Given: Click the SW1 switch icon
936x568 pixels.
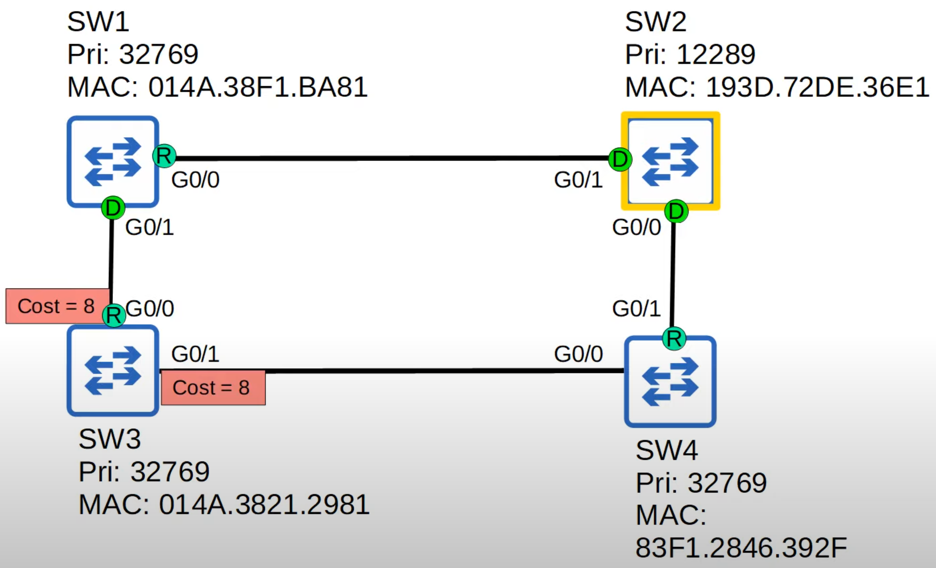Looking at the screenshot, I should coord(113,161).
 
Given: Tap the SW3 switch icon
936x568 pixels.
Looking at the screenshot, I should coord(113,371).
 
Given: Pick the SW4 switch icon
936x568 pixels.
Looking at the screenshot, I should coord(670,381).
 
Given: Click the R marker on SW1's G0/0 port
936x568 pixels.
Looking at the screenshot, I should coord(164,156).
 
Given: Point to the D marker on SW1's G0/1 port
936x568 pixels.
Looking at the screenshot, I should coord(113,208).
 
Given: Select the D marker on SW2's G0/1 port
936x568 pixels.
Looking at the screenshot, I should coord(620,159).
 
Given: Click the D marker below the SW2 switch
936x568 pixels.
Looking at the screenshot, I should coord(676,211).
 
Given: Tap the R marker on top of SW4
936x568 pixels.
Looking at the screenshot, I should coord(674,339).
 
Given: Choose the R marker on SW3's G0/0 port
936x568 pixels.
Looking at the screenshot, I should coord(114,315).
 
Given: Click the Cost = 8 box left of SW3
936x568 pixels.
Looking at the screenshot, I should coord(56,306).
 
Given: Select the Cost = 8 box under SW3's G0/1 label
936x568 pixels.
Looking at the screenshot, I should coord(212,388).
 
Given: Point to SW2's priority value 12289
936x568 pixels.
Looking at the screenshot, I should coord(716,54).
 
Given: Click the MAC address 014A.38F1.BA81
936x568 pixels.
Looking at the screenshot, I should coord(258,87).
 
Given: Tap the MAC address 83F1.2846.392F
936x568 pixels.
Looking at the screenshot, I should coord(741,547).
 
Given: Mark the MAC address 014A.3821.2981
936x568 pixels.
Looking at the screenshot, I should coord(264,504).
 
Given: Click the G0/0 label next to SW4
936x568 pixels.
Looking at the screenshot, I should coord(578,354).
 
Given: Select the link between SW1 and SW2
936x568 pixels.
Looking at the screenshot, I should coord(391,158).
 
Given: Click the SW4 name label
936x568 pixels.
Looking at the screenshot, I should coord(666,450).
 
